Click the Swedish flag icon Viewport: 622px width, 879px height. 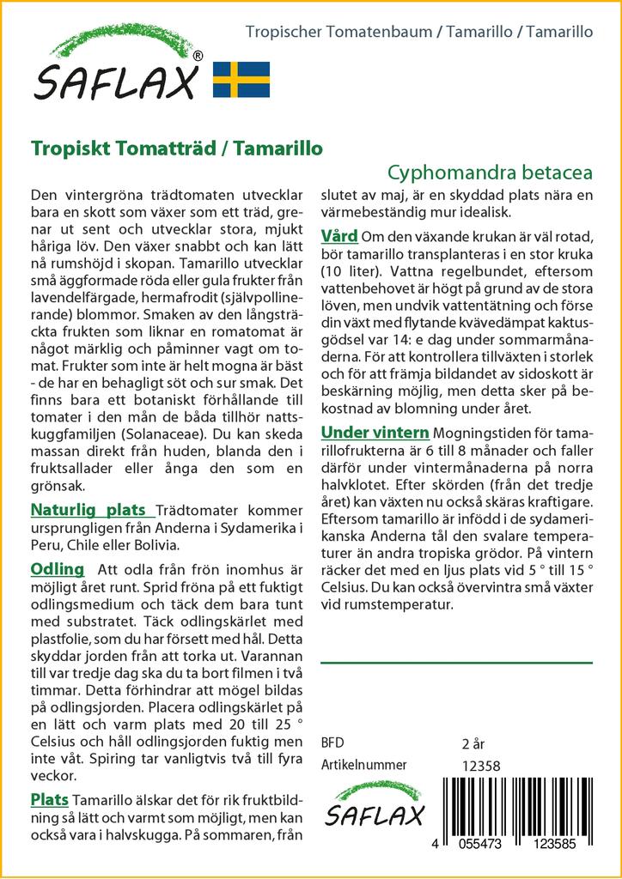241,79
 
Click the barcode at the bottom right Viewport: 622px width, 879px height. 519,811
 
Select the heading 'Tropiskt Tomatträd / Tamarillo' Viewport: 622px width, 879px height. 177,147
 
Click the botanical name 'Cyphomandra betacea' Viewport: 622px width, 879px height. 491,172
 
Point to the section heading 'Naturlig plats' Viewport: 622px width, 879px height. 88,510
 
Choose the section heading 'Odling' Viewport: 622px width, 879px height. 57,569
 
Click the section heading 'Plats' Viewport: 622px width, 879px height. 50,799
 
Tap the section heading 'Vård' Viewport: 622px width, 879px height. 340,235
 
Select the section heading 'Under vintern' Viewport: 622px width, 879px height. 375,431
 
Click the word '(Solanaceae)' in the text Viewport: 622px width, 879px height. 162,433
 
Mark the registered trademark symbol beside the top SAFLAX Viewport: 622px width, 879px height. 198,56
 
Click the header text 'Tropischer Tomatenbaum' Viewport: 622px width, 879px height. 339,33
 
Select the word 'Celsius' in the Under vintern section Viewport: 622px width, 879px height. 345,588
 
